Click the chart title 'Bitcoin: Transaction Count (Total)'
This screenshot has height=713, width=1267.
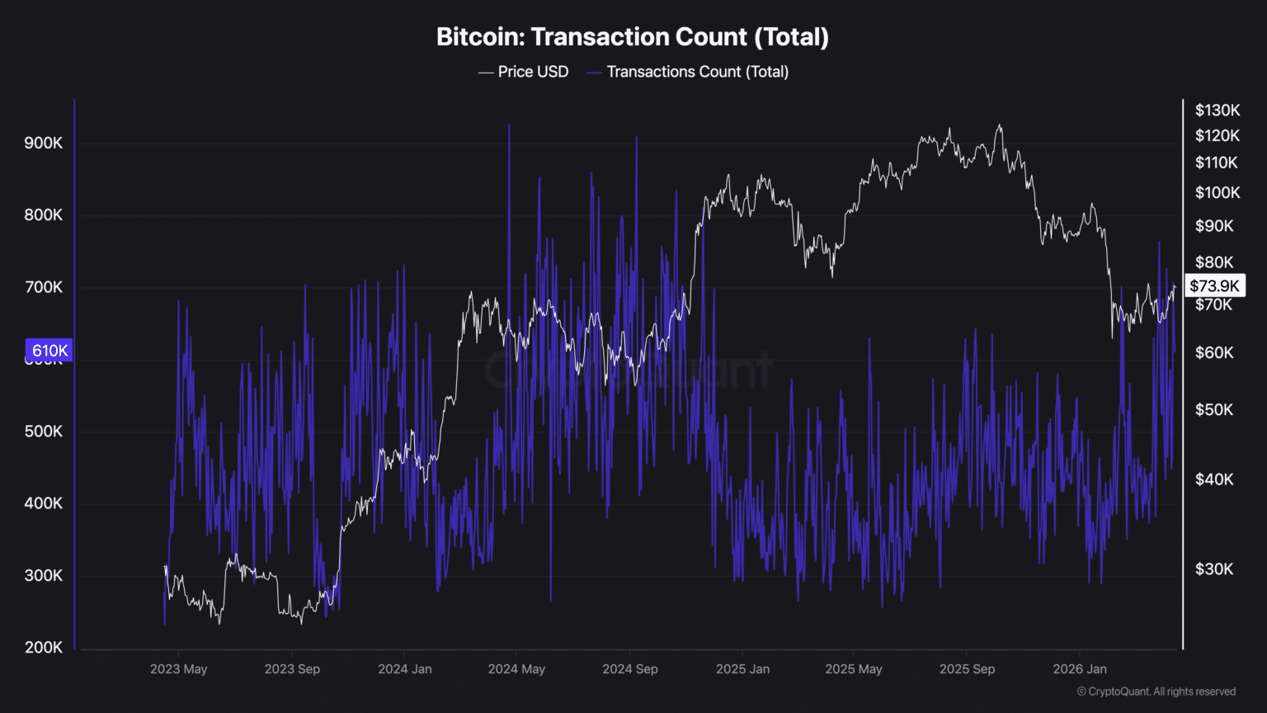[x=633, y=37]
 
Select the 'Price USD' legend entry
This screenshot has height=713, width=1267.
[x=524, y=72]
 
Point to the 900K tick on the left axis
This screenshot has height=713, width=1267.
[x=43, y=143]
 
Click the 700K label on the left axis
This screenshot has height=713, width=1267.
[x=43, y=287]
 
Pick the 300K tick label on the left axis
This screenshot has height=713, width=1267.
[x=43, y=575]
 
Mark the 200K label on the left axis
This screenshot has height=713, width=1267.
[x=43, y=647]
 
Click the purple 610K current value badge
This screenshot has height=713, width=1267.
[x=49, y=350]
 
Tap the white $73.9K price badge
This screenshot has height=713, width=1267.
[x=1214, y=286]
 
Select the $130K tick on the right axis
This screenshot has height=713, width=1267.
[x=1217, y=110]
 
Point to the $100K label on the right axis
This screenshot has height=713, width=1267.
[x=1217, y=192]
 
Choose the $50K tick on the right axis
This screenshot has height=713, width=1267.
[x=1214, y=409]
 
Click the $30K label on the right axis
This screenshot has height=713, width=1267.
[x=1214, y=569]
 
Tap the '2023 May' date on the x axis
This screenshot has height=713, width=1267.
[x=178, y=668]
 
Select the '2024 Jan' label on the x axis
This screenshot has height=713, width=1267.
[x=404, y=668]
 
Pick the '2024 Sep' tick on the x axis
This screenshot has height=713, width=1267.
[x=629, y=668]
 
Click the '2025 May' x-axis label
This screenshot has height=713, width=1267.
[x=853, y=668]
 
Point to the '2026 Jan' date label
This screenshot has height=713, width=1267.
[x=1079, y=668]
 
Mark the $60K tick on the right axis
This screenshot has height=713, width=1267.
[x=1214, y=352]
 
